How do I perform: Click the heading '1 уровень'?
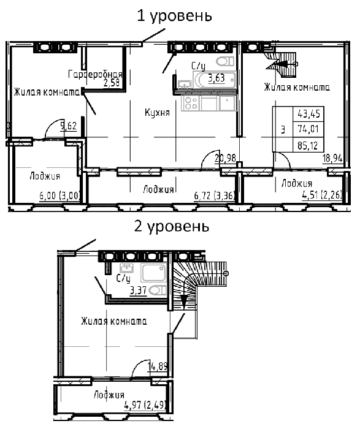[x=174, y=16]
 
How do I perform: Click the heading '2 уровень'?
[x=172, y=227]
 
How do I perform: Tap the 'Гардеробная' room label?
[x=95, y=74]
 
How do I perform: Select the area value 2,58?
[x=112, y=83]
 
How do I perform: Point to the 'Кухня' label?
[x=157, y=112]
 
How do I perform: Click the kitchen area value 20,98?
[x=225, y=158]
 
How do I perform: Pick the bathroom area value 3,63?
[x=216, y=78]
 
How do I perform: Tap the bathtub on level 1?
[x=215, y=80]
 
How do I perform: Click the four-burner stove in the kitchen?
[x=191, y=103]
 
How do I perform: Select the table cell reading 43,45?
[x=309, y=113]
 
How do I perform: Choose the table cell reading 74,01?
[x=308, y=129]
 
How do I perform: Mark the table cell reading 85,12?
[x=308, y=146]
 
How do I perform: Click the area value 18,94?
[x=332, y=158]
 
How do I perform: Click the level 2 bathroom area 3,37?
[x=138, y=290]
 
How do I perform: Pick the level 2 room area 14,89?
[x=158, y=366]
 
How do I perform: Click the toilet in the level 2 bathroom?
[x=158, y=290]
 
